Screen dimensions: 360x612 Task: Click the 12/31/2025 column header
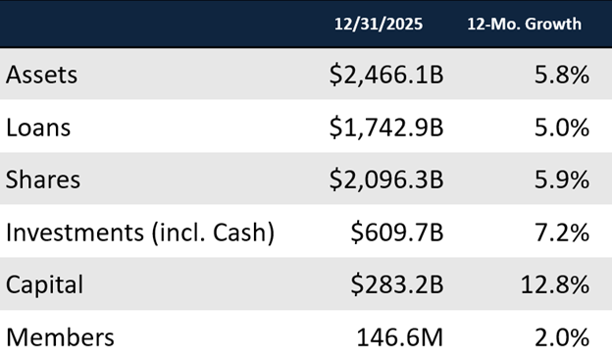click(x=378, y=23)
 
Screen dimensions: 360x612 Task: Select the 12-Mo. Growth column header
click(x=524, y=23)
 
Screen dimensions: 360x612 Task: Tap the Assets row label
click(x=41, y=75)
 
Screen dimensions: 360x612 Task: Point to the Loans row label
click(x=38, y=128)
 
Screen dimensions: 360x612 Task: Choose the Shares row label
click(x=42, y=180)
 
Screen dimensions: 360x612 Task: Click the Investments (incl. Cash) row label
click(x=140, y=232)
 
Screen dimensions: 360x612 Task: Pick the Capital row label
click(x=45, y=285)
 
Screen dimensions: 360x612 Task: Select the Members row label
click(x=60, y=337)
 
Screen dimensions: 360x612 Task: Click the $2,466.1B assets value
click(x=385, y=75)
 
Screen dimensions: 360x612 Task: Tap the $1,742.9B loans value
click(x=385, y=128)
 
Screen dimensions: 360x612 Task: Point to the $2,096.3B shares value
click(x=385, y=180)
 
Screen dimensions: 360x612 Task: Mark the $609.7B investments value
click(x=397, y=232)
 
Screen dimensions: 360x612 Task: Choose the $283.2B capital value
click(x=397, y=285)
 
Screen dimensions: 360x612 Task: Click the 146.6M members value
click(x=400, y=337)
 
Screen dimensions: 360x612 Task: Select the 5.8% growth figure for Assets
click(x=562, y=75)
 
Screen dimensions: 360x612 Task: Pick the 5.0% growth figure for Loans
click(x=562, y=128)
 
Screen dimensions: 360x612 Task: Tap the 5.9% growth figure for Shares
click(x=562, y=180)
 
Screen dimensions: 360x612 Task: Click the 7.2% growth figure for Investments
click(x=562, y=232)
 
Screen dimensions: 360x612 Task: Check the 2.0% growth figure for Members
click(x=562, y=337)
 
